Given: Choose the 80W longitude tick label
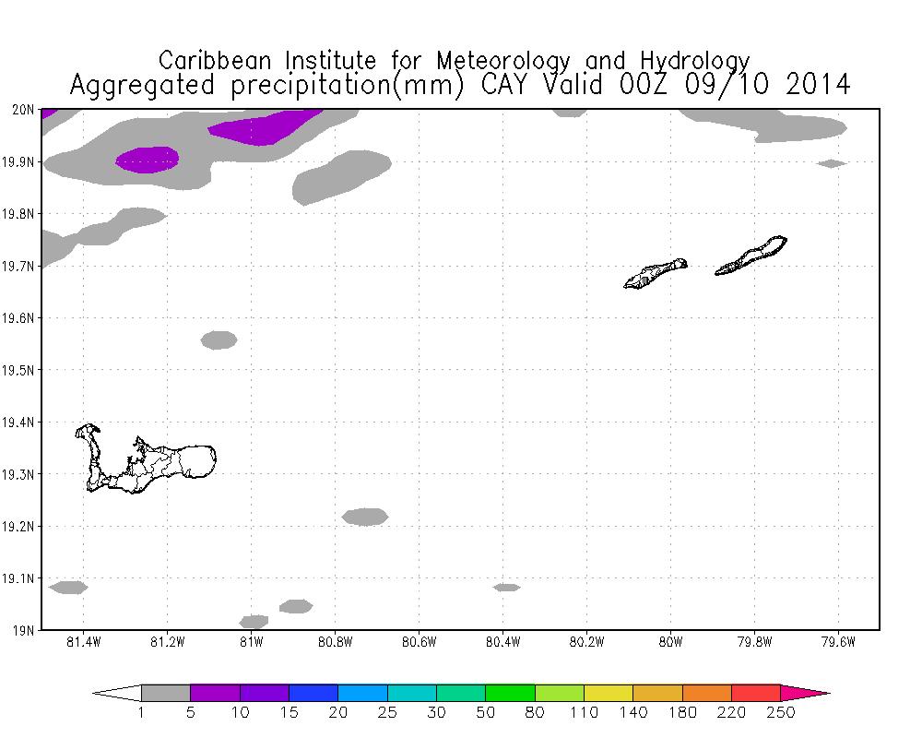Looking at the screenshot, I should (x=670, y=642).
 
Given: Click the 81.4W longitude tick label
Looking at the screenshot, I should (x=84, y=642).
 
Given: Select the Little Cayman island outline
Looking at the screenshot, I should (x=655, y=273).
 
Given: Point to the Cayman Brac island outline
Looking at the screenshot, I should (x=751, y=256).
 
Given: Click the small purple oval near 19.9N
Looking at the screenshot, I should (x=148, y=160).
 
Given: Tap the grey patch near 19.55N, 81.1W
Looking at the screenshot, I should (x=219, y=339).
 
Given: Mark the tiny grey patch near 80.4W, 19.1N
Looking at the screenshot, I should (x=506, y=587).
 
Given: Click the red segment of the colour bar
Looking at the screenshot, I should (x=756, y=693).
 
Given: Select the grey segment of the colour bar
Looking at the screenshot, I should (x=166, y=693).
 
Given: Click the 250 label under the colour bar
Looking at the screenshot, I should (x=780, y=712).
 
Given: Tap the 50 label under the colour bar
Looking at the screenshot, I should (x=485, y=712).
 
